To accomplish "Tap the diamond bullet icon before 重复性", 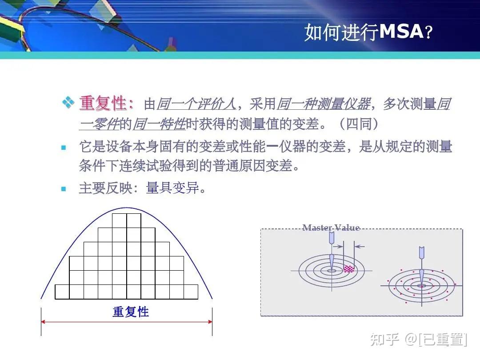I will pyautogui.click(x=68, y=103).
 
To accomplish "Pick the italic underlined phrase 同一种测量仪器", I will pyautogui.click(x=323, y=104).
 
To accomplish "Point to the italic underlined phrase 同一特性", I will pyautogui.click(x=159, y=124).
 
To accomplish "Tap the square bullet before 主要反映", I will pyautogui.click(x=64, y=189).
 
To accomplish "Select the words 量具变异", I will pyautogui.click(x=172, y=188).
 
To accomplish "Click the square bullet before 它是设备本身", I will pyautogui.click(x=64, y=147).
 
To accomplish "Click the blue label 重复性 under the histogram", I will pyautogui.click(x=131, y=312).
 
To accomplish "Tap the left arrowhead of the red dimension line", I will pyautogui.click(x=43, y=321).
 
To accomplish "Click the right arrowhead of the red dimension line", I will pyautogui.click(x=210, y=321).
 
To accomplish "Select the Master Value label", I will pyautogui.click(x=331, y=228).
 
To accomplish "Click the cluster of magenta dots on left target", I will pyautogui.click(x=349, y=269).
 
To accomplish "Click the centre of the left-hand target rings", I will pyautogui.click(x=332, y=270).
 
